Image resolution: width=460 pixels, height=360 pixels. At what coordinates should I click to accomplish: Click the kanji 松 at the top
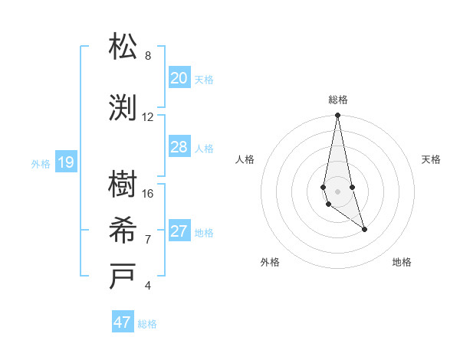tap(124, 47)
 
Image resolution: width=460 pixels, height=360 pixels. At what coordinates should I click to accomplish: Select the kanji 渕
tap(124, 108)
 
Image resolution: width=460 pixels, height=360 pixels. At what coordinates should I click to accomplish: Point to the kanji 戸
tap(124, 277)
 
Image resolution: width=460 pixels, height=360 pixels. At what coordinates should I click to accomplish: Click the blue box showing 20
tap(179, 78)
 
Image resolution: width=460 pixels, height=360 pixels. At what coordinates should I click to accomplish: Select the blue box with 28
tap(179, 147)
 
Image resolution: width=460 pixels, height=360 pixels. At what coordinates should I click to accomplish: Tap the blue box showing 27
tap(179, 231)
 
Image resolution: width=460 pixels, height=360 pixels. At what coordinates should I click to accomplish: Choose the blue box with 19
tap(66, 162)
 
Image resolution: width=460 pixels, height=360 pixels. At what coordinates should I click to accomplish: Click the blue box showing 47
tap(123, 322)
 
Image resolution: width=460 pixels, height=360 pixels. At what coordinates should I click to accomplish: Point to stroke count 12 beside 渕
tap(148, 117)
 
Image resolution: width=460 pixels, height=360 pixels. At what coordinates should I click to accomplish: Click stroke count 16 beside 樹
tap(148, 194)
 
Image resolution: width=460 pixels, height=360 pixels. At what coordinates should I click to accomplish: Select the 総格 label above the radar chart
tap(337, 100)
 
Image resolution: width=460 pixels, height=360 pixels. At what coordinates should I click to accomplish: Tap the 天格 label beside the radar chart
tap(432, 159)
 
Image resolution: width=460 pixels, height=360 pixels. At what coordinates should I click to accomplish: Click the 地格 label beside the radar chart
tap(402, 262)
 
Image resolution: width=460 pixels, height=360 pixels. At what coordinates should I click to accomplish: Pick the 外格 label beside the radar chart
tap(270, 262)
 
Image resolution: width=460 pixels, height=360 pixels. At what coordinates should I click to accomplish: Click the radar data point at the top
tap(337, 116)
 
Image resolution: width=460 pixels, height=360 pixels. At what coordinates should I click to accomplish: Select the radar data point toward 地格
tap(364, 229)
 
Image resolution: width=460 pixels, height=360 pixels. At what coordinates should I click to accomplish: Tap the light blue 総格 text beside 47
tap(147, 324)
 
